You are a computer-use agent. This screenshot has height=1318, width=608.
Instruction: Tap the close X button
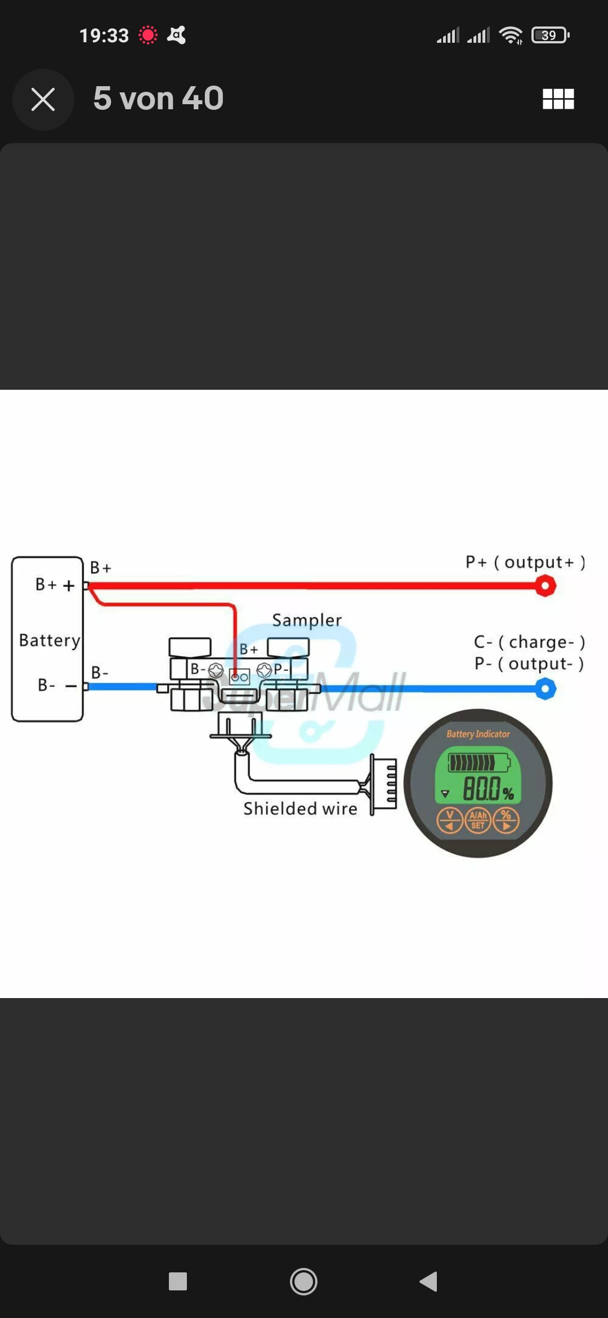pyautogui.click(x=43, y=100)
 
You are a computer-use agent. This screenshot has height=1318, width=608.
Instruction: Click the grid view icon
pyautogui.click(x=558, y=99)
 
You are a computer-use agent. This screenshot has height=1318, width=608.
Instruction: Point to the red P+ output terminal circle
pyautogui.click(x=545, y=586)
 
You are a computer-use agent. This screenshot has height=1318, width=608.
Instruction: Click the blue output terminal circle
pyautogui.click(x=545, y=688)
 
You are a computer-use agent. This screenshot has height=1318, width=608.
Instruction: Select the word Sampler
pyautogui.click(x=307, y=620)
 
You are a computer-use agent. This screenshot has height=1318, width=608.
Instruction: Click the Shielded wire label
pyautogui.click(x=300, y=809)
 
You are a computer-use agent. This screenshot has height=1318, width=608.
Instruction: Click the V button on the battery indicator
pyautogui.click(x=450, y=820)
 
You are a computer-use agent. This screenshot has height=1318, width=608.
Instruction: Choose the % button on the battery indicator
pyautogui.click(x=506, y=820)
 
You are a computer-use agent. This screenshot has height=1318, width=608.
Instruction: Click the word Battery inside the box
pyautogui.click(x=50, y=640)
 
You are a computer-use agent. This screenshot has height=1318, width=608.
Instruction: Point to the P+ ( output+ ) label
pyautogui.click(x=525, y=562)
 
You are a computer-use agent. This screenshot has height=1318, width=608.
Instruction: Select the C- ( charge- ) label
pyautogui.click(x=529, y=642)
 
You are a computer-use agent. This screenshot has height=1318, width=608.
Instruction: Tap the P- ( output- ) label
pyautogui.click(x=529, y=664)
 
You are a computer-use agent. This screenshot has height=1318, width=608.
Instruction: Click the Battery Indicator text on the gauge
pyautogui.click(x=478, y=734)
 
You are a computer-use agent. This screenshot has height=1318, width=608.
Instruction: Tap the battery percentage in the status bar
pyautogui.click(x=549, y=35)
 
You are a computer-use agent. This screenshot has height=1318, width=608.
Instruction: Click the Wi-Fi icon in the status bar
pyautogui.click(x=511, y=35)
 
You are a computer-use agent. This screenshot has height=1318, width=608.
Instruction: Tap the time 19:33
pyautogui.click(x=104, y=35)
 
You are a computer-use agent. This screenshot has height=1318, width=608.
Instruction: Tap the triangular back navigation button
pyautogui.click(x=428, y=1281)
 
